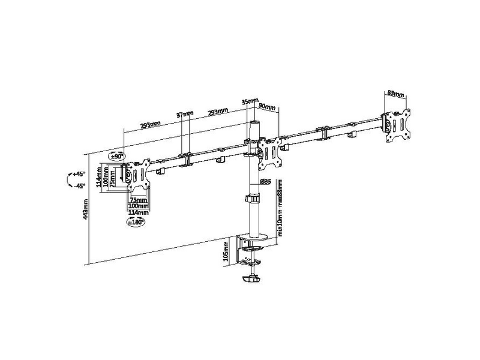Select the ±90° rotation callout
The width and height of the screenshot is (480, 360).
[116, 156]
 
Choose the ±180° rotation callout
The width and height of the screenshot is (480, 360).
[135, 222]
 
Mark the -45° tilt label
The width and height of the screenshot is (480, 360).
[79, 185]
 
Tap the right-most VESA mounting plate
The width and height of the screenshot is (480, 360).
[397, 125]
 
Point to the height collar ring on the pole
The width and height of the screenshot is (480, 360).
[253, 199]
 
